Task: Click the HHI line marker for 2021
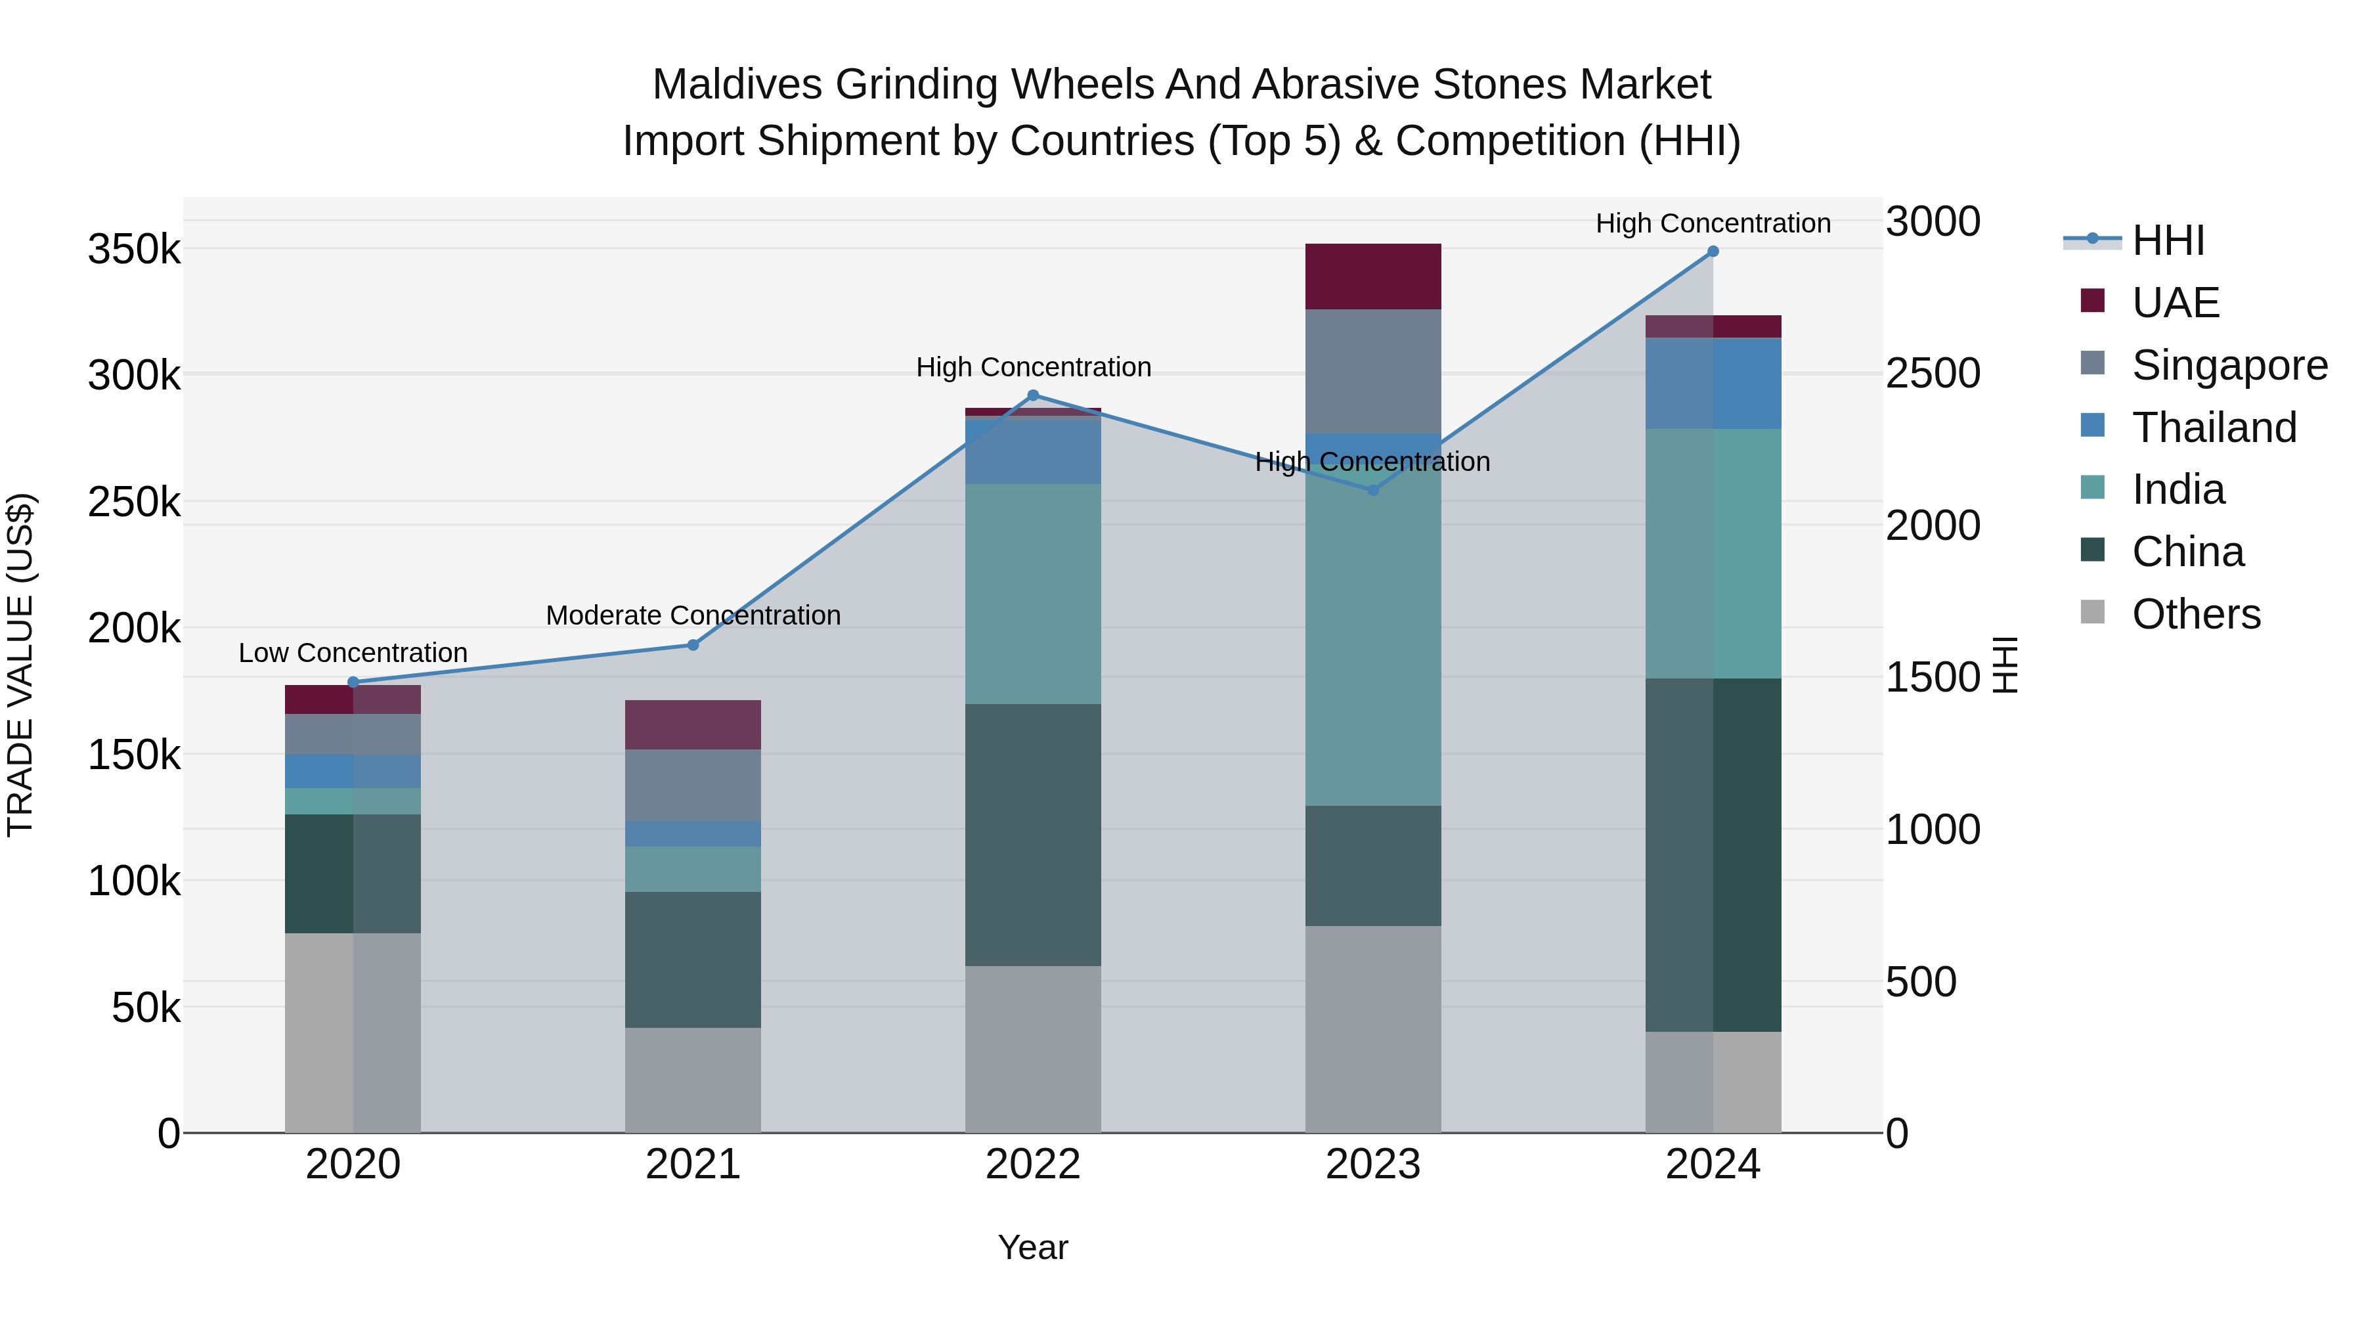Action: click(x=693, y=645)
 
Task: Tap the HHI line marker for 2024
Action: click(x=1713, y=252)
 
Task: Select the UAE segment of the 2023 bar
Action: click(x=1373, y=277)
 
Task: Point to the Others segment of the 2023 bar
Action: click(x=1373, y=1029)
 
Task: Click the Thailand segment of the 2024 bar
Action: click(x=1713, y=383)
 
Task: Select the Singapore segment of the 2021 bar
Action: click(x=693, y=785)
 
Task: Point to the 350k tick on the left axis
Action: click(x=134, y=250)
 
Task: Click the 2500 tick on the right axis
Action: click(x=1933, y=374)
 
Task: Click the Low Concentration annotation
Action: click(x=353, y=654)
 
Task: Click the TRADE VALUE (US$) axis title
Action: click(x=20, y=665)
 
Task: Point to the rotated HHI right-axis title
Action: click(x=2006, y=665)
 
